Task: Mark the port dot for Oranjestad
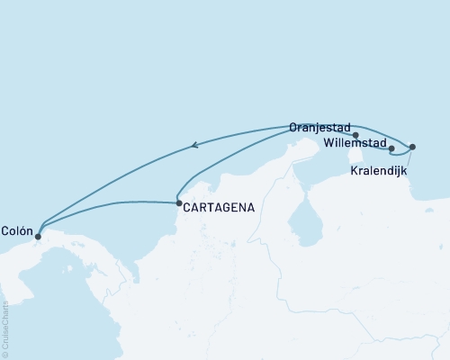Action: click(x=356, y=136)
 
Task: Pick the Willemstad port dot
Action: click(x=391, y=148)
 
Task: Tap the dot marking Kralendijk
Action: click(x=412, y=147)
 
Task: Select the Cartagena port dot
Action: click(x=178, y=203)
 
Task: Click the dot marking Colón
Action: click(x=38, y=237)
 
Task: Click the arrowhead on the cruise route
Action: click(x=196, y=144)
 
